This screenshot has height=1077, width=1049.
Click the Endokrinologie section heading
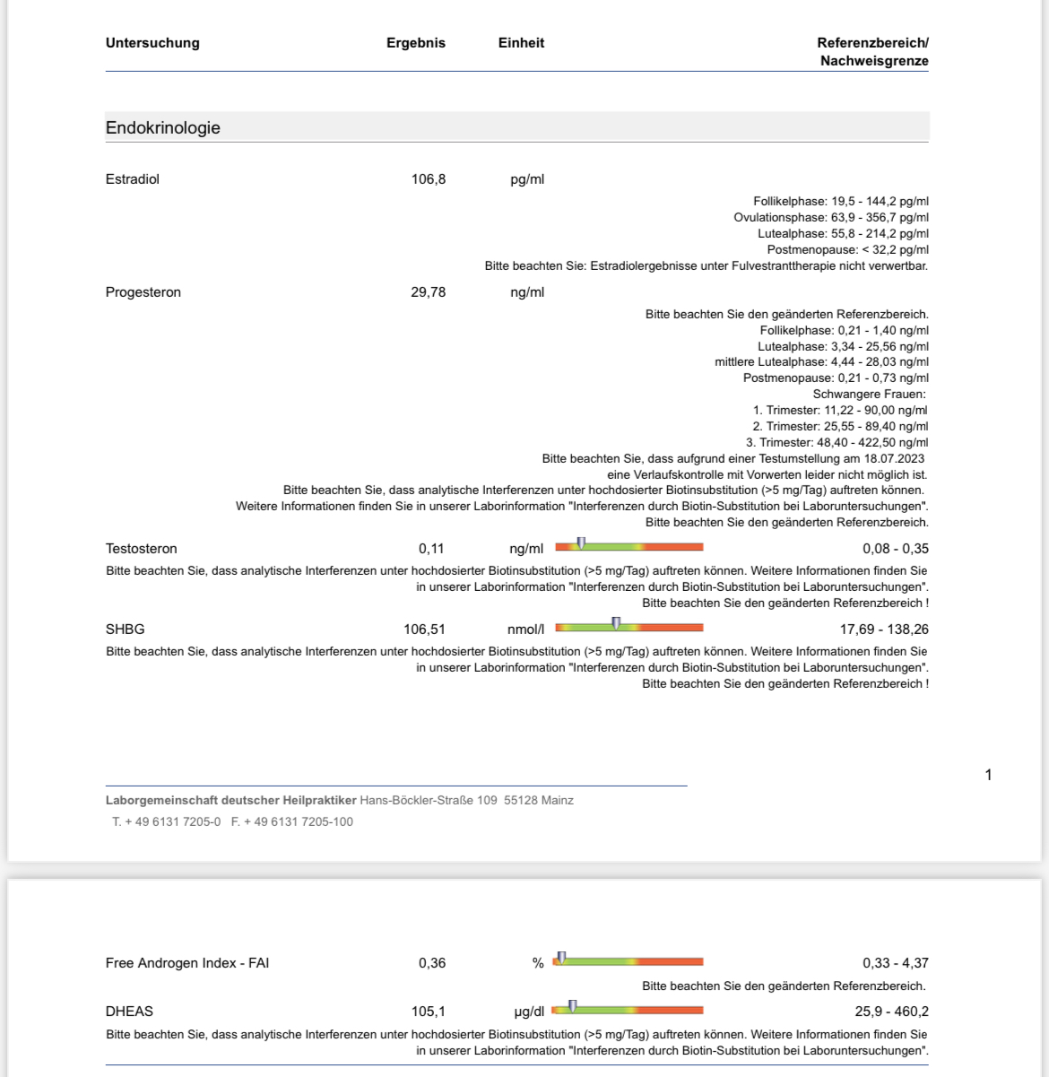163,127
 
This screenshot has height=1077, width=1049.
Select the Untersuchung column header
152,43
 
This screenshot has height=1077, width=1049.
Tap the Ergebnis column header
416,43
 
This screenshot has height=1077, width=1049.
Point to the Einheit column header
521,43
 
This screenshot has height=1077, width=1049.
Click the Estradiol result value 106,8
429,179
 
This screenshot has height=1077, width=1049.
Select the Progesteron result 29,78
429,292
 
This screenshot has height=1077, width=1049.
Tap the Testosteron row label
142,549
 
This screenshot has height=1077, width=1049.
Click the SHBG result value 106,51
424,630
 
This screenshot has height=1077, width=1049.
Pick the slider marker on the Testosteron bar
581,543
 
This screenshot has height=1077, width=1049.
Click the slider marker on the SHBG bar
616,623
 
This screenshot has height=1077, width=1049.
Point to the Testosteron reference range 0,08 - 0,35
896,549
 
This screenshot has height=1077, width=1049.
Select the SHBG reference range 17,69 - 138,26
884,630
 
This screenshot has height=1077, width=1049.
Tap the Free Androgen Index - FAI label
187,963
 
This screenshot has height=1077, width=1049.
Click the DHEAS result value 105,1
429,1012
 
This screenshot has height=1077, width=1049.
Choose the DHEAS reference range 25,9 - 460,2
891,1012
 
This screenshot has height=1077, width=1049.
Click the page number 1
988,775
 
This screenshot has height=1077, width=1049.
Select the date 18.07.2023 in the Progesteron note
894,458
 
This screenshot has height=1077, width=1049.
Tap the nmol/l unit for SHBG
525,630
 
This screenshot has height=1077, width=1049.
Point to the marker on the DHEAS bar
572,1006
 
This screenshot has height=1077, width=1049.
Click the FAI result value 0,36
432,963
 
